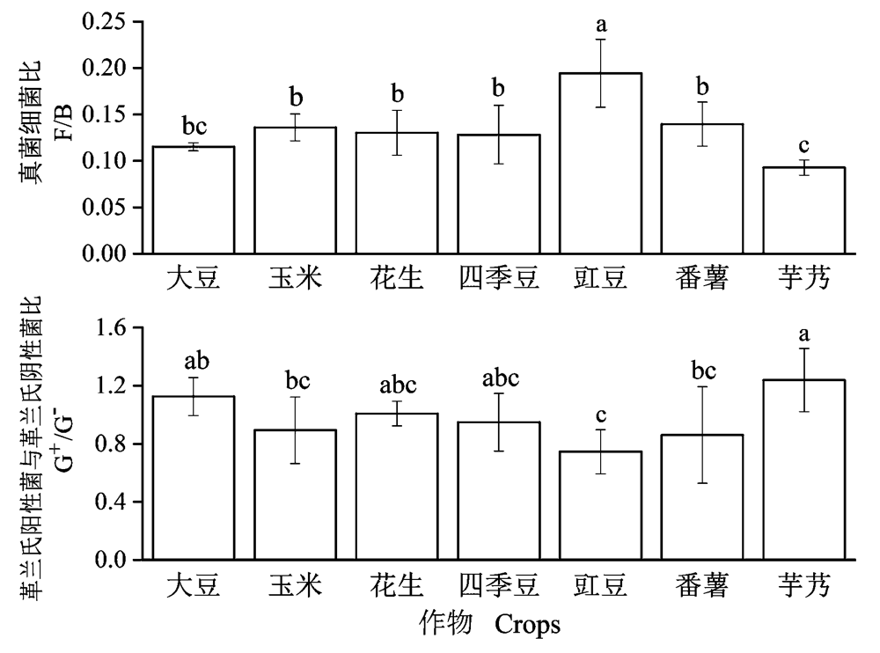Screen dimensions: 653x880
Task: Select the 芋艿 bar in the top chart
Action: [x=804, y=210]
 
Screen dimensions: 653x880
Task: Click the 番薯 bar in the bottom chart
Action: [x=702, y=497]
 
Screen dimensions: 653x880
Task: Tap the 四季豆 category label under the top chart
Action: [x=499, y=279]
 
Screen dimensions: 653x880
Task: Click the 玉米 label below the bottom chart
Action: [x=295, y=583]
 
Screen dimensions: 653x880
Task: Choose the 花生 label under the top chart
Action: [x=397, y=279]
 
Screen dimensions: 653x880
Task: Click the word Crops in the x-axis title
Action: [x=527, y=625]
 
